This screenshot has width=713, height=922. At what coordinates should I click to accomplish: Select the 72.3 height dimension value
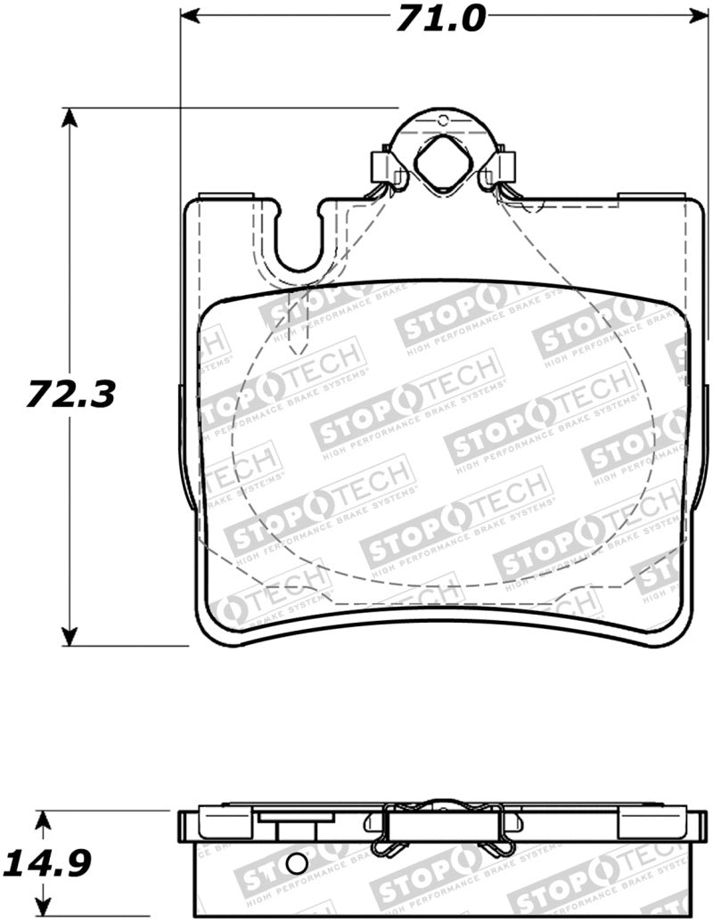coord(70,393)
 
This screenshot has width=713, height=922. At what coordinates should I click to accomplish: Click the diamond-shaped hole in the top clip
coord(443,162)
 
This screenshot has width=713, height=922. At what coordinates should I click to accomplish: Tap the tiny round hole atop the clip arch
coord(442,119)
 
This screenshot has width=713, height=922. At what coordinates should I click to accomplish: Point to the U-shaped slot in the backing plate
coord(298,241)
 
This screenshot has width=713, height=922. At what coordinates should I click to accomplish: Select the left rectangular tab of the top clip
coord(379,164)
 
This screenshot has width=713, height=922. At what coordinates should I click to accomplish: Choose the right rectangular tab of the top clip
coord(505,164)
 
